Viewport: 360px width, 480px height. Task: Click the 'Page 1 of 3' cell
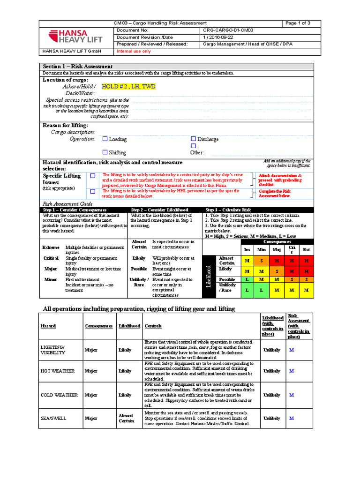[297, 23]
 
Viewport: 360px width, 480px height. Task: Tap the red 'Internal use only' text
[134, 51]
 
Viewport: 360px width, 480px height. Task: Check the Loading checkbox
[105, 139]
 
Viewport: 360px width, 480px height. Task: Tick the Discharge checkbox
[193, 139]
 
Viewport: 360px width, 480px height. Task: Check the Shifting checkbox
[105, 152]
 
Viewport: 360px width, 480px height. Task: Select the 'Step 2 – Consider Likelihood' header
[160, 210]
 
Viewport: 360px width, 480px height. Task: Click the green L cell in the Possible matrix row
[247, 279]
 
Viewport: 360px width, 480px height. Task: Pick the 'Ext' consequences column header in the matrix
[307, 250]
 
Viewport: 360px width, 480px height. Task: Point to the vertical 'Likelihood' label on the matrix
[209, 277]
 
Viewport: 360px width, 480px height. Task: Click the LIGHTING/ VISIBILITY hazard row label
[53, 350]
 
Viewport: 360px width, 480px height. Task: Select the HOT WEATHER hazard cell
[58, 371]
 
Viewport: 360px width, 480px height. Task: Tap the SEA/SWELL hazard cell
[53, 418]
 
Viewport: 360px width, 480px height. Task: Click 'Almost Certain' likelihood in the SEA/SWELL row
[126, 418]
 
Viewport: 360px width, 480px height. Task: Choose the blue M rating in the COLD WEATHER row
[291, 395]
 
